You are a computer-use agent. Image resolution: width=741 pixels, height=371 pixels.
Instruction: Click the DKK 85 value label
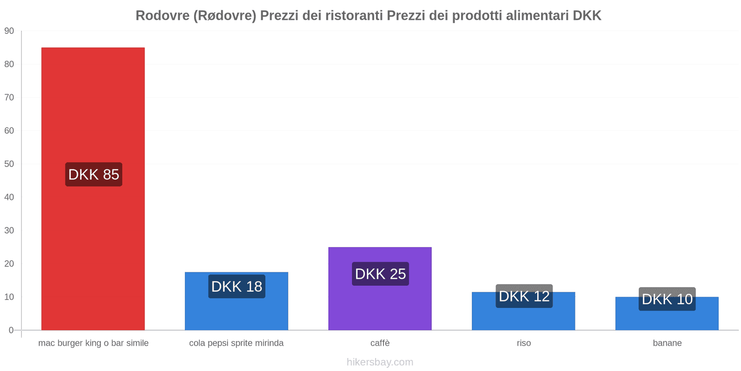coord(94,174)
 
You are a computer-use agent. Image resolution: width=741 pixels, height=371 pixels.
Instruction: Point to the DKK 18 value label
coord(237,287)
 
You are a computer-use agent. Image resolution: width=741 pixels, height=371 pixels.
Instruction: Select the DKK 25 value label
coord(380,274)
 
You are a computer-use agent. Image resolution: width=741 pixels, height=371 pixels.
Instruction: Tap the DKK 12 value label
coord(524,296)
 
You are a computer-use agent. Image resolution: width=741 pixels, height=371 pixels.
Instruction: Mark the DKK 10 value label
coord(667,299)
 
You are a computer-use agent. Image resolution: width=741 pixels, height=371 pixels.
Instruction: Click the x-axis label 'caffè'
coord(380,343)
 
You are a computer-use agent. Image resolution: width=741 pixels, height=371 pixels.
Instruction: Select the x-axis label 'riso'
coord(524,343)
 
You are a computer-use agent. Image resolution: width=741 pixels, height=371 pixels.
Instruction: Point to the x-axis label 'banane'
coord(667,343)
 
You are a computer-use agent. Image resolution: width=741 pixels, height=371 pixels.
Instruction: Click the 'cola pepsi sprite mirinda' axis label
coord(236,343)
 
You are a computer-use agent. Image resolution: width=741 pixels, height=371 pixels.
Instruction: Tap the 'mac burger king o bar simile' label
coord(93,343)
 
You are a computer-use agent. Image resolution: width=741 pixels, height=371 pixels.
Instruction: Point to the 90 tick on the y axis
coord(9,31)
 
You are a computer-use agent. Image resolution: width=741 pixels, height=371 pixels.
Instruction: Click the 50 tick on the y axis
coord(9,164)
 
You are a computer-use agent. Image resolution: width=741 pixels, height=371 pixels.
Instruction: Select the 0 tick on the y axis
coord(11,330)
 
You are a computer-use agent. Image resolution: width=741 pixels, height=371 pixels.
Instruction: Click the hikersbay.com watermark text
coord(380,362)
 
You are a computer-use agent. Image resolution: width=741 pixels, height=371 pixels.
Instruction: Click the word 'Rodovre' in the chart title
coord(162,16)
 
